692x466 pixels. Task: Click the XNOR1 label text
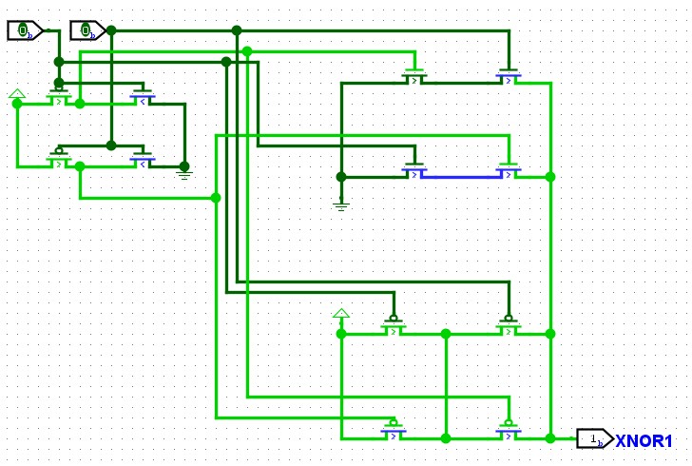pos(644,441)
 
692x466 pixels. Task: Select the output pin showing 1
pos(595,438)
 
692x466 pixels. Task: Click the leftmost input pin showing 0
pos(25,30)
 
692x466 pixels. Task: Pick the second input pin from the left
pos(87,30)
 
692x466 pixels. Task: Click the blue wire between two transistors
pos(462,177)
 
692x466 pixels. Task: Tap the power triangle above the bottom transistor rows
pos(341,314)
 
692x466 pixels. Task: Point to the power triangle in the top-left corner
pos(17,93)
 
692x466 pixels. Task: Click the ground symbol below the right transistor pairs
pos(341,205)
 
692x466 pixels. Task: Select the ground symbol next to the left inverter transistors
pos(184,175)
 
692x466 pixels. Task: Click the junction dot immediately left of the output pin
pos(549,438)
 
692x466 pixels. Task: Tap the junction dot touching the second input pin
pos(111,30)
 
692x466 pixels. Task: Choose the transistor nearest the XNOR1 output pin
pos(509,430)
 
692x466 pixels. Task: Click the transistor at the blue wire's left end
pos(414,169)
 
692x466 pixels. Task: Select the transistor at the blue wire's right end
pos(509,169)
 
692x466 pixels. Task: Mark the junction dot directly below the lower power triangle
pos(341,334)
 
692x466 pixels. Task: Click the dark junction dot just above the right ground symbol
pos(341,177)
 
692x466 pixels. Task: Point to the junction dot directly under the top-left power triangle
pos(17,104)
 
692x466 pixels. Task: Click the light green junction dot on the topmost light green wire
pos(247,51)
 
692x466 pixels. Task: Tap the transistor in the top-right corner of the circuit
pos(509,75)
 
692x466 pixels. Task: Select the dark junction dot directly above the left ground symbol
pos(184,166)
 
